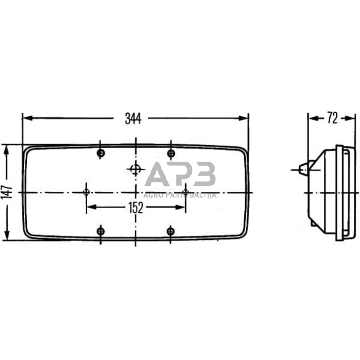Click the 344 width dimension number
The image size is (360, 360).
point(133,119)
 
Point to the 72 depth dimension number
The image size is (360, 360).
point(332,118)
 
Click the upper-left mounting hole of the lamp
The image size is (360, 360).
point(101,152)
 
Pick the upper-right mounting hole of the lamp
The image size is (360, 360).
point(171,152)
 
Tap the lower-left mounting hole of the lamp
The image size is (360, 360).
point(101,231)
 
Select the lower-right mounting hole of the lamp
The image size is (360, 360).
point(171,231)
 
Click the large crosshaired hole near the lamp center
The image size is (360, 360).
point(135,169)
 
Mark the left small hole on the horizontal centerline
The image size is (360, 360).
point(86,192)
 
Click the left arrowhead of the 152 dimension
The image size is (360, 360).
point(90,208)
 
